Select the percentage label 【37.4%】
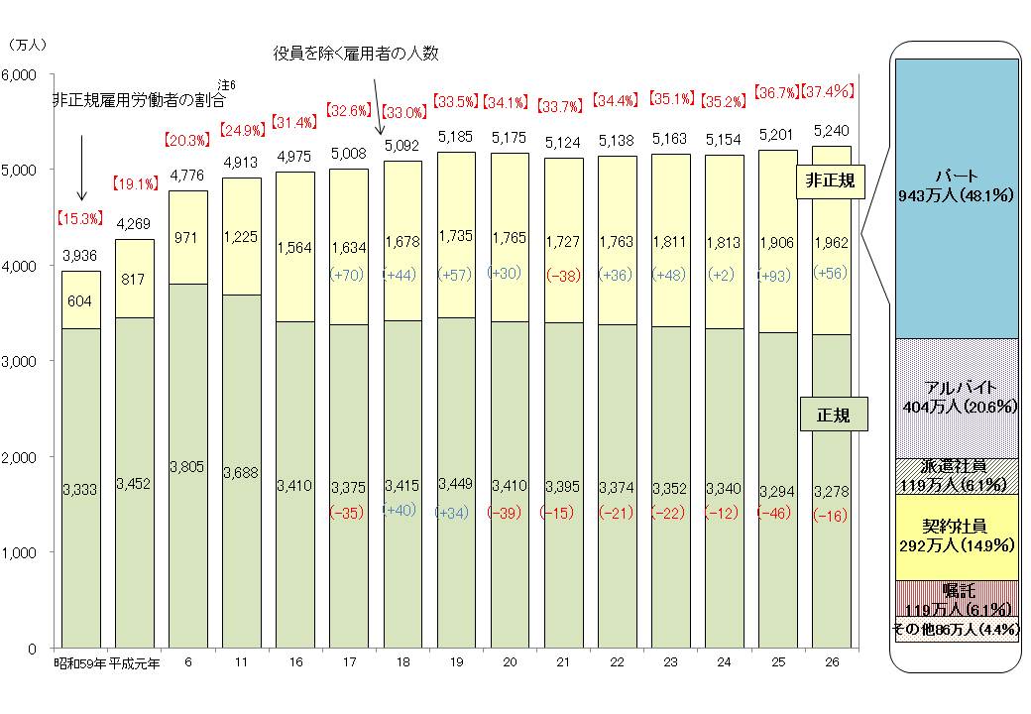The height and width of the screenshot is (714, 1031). pyautogui.click(x=827, y=92)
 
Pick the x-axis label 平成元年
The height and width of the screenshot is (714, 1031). pyautogui.click(x=134, y=663)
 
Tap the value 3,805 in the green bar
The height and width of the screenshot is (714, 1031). pyautogui.click(x=186, y=466)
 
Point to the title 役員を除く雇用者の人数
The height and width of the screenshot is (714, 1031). pyautogui.click(x=355, y=52)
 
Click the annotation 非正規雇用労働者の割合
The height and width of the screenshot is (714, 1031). pyautogui.click(x=139, y=100)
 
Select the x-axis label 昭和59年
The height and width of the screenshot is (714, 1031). pyautogui.click(x=79, y=663)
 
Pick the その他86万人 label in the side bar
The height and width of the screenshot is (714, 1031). pyautogui.click(x=957, y=629)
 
